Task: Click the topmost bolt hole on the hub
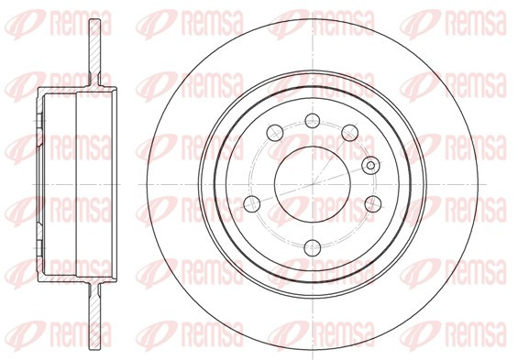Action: click(313, 120)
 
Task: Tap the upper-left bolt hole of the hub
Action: click(275, 134)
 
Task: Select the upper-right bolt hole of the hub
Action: click(350, 134)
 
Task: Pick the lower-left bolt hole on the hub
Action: click(252, 203)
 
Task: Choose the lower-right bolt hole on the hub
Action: click(373, 203)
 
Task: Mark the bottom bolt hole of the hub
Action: click(313, 248)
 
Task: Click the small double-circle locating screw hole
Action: click(370, 165)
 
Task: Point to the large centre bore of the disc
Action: click(313, 184)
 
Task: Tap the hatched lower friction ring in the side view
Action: click(94, 316)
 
